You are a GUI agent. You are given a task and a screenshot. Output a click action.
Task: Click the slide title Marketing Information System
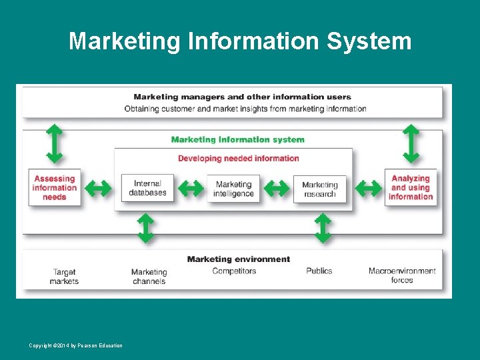(x=240, y=41)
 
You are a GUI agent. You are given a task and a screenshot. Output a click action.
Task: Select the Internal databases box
(x=147, y=189)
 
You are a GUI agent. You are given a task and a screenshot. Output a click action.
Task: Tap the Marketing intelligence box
(x=233, y=189)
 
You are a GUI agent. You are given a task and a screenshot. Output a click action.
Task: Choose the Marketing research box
(x=320, y=190)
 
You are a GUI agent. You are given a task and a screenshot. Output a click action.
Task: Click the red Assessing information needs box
(x=55, y=188)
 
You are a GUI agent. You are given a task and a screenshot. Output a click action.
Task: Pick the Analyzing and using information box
(x=411, y=188)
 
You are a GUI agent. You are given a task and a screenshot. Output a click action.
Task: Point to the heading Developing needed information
(x=238, y=159)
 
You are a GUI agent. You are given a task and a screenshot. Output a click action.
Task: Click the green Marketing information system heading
(x=237, y=140)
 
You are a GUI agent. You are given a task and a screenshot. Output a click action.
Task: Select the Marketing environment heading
(x=239, y=259)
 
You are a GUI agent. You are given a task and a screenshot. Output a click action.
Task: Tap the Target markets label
(x=64, y=277)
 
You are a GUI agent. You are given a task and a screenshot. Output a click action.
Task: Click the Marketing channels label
(x=149, y=277)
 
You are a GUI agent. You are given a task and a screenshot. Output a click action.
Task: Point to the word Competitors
(x=234, y=271)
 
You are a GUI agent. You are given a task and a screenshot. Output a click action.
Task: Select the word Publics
(x=319, y=271)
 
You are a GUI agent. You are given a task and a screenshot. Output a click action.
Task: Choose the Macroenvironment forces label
(x=402, y=276)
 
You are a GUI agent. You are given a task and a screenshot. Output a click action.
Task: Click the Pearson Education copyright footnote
(x=75, y=345)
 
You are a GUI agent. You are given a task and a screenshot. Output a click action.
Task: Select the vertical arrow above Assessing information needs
(x=54, y=143)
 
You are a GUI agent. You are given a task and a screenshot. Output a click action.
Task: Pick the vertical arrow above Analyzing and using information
(x=411, y=143)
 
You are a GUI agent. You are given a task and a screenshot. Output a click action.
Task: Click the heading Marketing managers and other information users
(x=242, y=97)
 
